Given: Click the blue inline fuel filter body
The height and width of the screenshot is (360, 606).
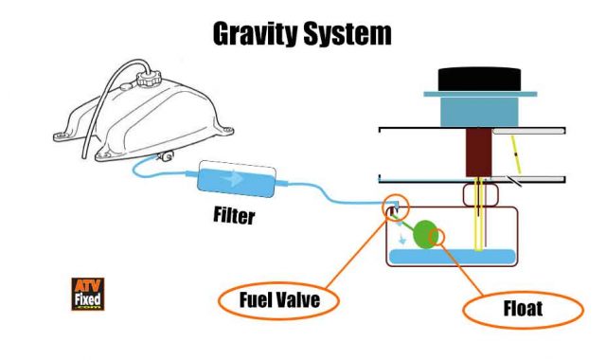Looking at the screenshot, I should pos(237,177).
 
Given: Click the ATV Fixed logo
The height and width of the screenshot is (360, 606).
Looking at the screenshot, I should pos(87,295).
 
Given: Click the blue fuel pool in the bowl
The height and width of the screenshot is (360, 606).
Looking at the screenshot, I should pos(454,256).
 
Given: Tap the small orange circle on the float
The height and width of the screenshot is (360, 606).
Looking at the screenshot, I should pos(439,234).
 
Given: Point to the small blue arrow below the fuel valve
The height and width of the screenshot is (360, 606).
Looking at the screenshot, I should pos(406,240).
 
